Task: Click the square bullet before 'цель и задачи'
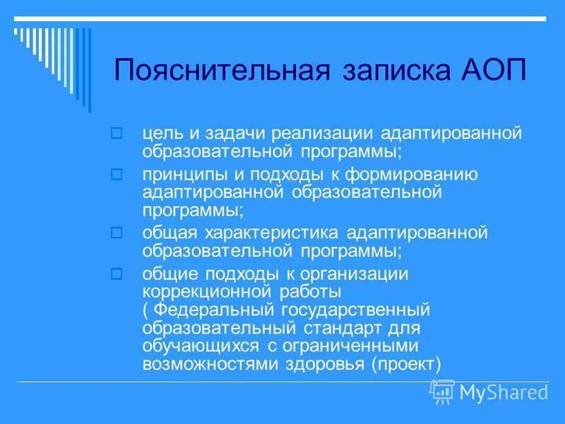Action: (118, 132)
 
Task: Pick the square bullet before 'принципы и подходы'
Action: (118, 173)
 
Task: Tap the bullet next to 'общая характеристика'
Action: (118, 232)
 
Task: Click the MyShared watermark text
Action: (503, 391)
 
